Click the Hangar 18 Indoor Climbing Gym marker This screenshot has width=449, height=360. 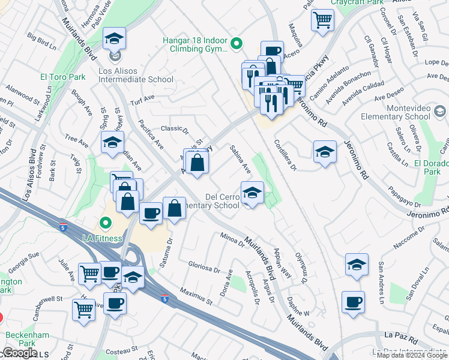tap(237, 43)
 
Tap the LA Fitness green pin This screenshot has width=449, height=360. tap(106, 225)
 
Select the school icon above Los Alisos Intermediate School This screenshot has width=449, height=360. tap(114, 40)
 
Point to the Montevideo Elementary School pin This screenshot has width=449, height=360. tap(440, 111)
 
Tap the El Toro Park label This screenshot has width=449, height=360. tap(62, 77)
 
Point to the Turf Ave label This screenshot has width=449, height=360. tap(142, 98)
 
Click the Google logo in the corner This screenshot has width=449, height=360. tap(20, 353)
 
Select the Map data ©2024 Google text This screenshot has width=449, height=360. tap(412, 355)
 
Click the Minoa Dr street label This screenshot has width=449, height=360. tap(232, 239)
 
